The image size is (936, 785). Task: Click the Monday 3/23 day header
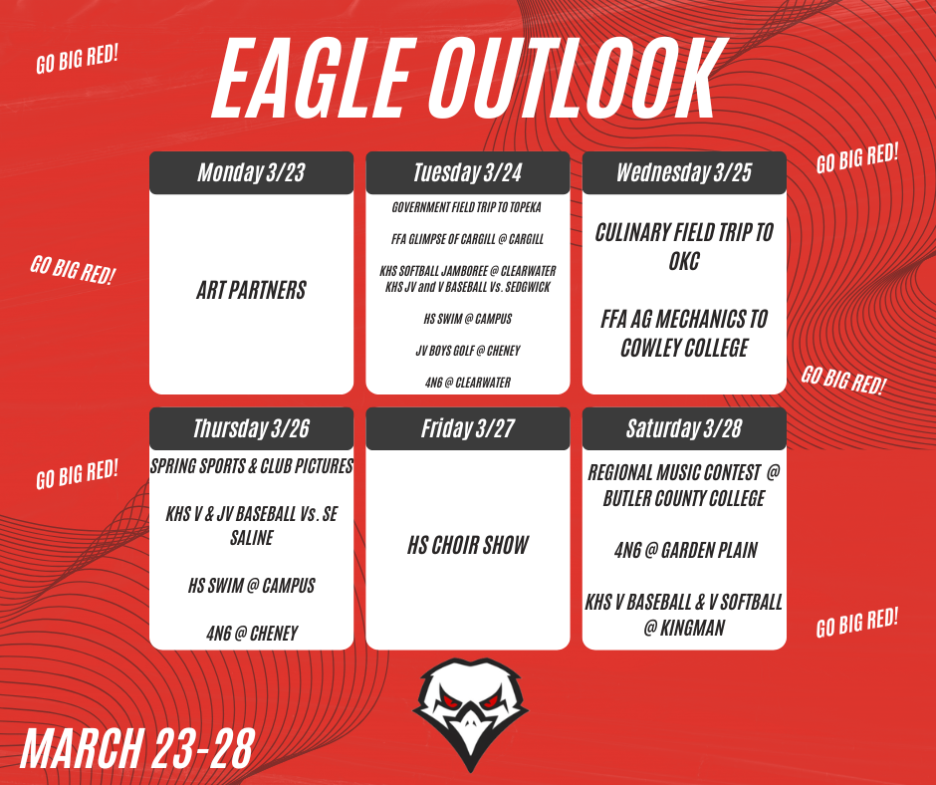pyautogui.click(x=251, y=173)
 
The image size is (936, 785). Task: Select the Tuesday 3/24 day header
pyautogui.click(x=468, y=173)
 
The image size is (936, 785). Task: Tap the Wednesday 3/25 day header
pyautogui.click(x=684, y=173)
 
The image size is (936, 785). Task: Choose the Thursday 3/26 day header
pyautogui.click(x=251, y=429)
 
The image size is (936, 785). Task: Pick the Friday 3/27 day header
pyautogui.click(x=468, y=429)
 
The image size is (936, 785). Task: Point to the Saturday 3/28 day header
pyautogui.click(x=684, y=429)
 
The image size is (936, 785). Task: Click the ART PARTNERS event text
pyautogui.click(x=251, y=291)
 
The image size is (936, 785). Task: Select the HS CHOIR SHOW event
pyautogui.click(x=468, y=546)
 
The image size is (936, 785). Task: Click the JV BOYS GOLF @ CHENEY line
pyautogui.click(x=468, y=351)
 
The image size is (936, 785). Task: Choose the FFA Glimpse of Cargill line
pyautogui.click(x=468, y=239)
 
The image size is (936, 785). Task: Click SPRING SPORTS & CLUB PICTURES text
pyautogui.click(x=251, y=466)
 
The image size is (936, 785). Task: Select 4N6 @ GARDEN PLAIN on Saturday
pyautogui.click(x=684, y=550)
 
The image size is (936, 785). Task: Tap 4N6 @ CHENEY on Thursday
pyautogui.click(x=251, y=633)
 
